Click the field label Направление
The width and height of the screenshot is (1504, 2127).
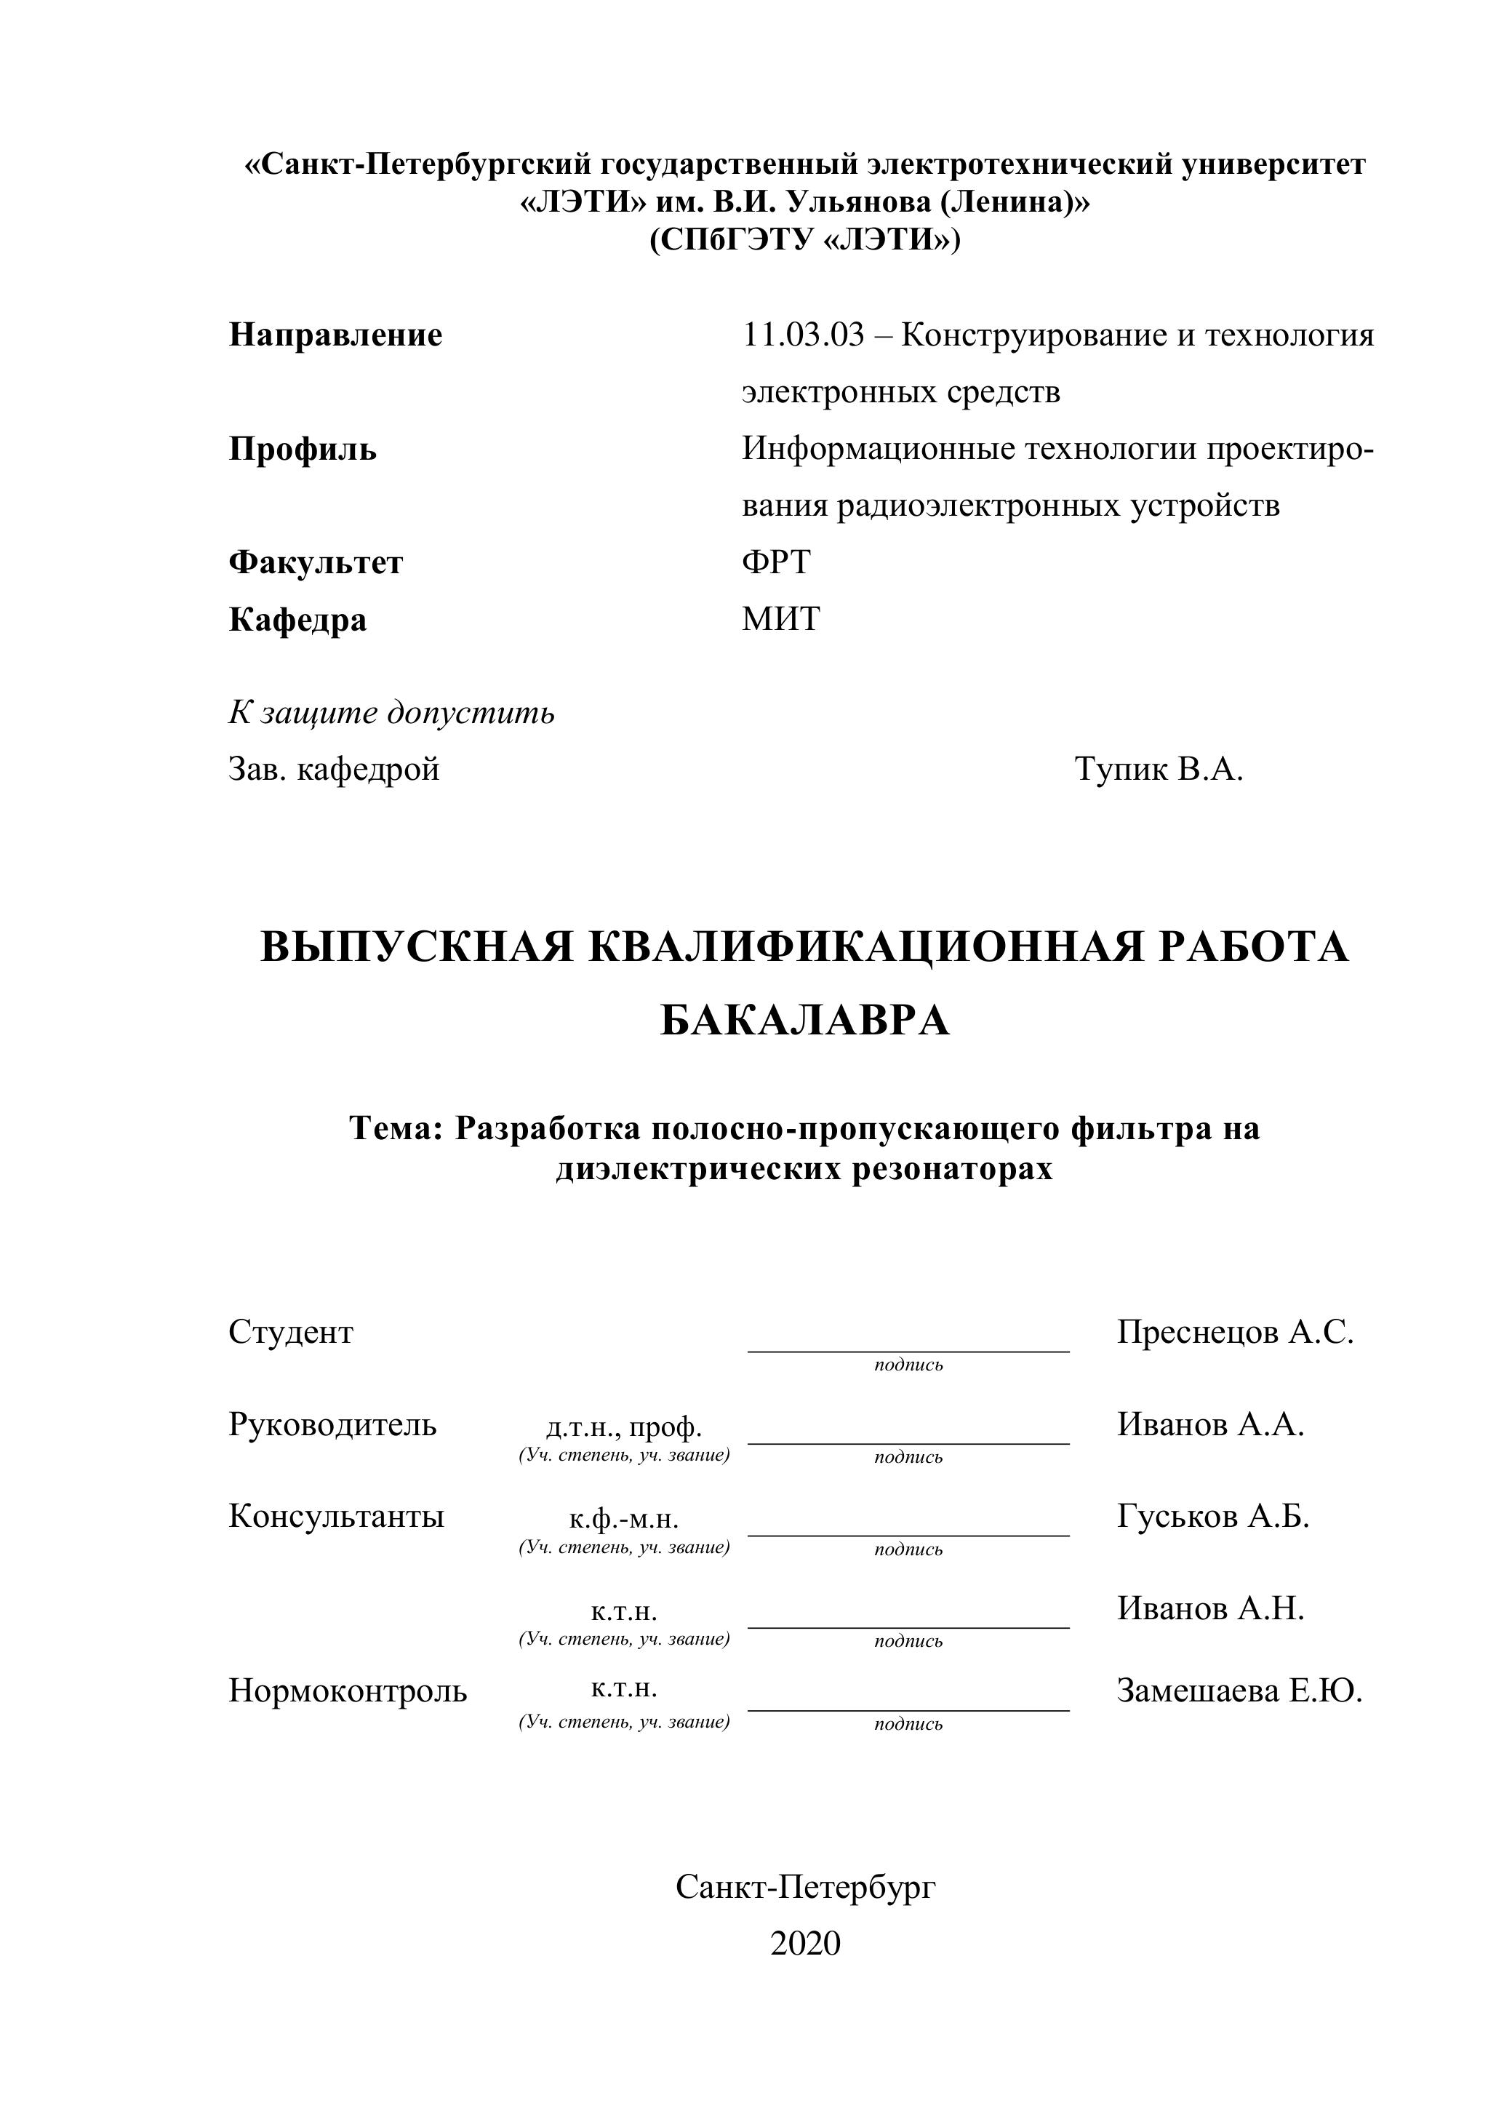tap(335, 335)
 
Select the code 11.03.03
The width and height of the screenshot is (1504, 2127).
tap(802, 335)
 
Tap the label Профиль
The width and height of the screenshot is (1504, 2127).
tap(303, 450)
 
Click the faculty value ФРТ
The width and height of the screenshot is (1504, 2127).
tap(776, 562)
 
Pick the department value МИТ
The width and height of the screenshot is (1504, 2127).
tap(780, 619)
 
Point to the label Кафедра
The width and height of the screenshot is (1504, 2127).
tap(297, 619)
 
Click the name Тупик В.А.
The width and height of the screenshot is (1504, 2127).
tap(1159, 768)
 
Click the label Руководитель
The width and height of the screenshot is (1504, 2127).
tap(332, 1424)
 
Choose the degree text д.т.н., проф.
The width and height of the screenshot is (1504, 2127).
tap(624, 1426)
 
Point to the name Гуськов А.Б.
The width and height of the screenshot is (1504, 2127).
tap(1213, 1515)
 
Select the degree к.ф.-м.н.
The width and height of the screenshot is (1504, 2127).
tap(624, 1520)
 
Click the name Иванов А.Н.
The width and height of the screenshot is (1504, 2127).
tap(1210, 1608)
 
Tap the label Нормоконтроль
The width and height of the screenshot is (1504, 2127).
tap(348, 1691)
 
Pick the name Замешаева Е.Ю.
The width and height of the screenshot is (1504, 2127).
tap(1239, 1691)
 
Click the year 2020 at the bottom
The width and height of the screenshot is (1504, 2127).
tap(805, 1943)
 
